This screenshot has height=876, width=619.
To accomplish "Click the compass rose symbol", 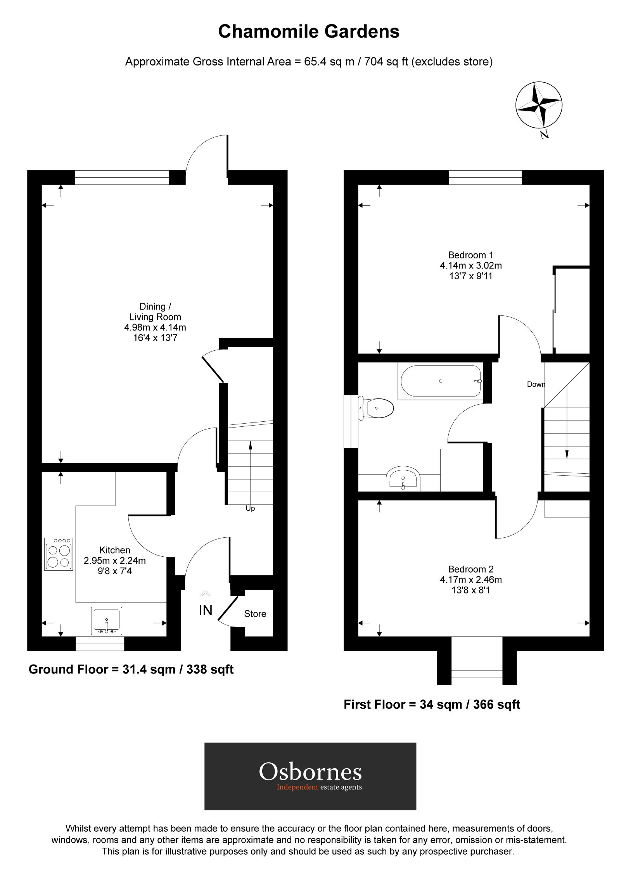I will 539,104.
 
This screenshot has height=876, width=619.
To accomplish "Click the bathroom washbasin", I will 403,478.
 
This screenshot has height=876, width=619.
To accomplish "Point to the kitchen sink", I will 106,621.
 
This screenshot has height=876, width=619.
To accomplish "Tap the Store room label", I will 255,613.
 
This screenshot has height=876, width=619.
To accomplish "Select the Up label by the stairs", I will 250,508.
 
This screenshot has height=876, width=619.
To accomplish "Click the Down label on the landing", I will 536,384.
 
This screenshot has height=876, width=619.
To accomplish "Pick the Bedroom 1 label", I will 470,255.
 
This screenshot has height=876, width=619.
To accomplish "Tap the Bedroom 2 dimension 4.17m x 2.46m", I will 470,580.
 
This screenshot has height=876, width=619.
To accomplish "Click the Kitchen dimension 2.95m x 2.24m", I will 115,560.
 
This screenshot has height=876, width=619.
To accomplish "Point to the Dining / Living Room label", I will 155,312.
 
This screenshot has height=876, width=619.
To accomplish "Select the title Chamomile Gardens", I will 309,31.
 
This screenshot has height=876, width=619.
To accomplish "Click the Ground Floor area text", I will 131,669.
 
